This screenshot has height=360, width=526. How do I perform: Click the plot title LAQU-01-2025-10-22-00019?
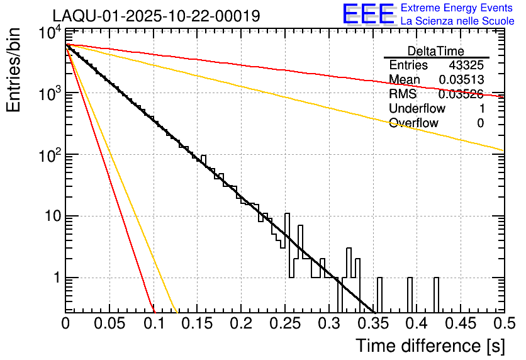pyautogui.click(x=156, y=16)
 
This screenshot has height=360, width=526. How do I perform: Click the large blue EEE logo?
pyautogui.click(x=368, y=14)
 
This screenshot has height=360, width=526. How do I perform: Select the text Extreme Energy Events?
pyautogui.click(x=457, y=8)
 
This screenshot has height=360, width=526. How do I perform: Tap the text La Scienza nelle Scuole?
pyautogui.click(x=457, y=21)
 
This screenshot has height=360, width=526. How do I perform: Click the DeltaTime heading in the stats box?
pyautogui.click(x=435, y=51)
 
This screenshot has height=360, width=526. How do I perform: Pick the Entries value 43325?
pyautogui.click(x=466, y=65)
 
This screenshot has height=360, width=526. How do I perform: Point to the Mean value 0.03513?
pyautogui.click(x=462, y=80)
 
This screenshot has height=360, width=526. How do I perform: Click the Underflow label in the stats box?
pyautogui.click(x=417, y=109)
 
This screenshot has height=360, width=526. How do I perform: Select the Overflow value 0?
pyautogui.click(x=480, y=123)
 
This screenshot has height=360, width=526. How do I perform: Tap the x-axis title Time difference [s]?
pyautogui.click(x=429, y=346)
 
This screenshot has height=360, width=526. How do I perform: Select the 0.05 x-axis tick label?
pyautogui.click(x=109, y=323)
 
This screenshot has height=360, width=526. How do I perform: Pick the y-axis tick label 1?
pyautogui.click(x=55, y=278)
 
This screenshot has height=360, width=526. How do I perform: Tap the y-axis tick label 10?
pyautogui.click(x=50, y=217)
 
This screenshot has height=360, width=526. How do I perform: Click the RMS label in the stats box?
pyautogui.click(x=403, y=94)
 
